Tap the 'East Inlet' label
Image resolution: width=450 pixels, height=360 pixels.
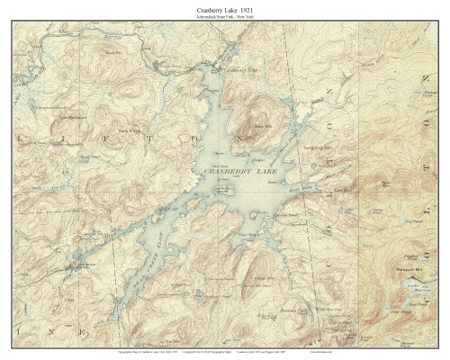pyautogui.click(x=318, y=191)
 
